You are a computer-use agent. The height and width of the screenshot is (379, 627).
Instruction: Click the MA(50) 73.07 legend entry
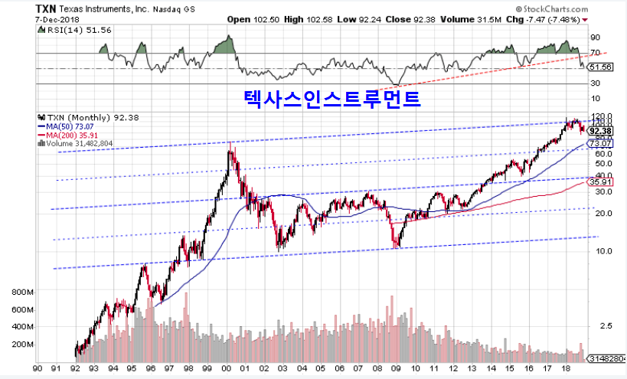click(69, 126)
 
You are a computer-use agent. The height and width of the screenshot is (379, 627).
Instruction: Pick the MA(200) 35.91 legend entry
click(70, 134)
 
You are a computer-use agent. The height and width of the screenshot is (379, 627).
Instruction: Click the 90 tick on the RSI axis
click(594, 36)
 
